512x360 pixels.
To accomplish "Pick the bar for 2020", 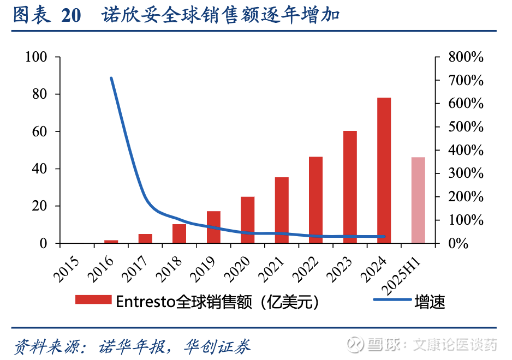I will (x=248, y=219).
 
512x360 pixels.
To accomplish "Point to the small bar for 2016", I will (x=111, y=241).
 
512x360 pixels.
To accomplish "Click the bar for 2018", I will (x=180, y=233).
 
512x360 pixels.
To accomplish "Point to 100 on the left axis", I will (x=36, y=57).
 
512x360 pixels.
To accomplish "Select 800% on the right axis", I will (x=466, y=57).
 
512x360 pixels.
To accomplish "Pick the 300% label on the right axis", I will (x=466, y=174).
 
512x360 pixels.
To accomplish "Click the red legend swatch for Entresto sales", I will (x=93, y=301).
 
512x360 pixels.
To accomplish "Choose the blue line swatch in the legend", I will (x=392, y=301).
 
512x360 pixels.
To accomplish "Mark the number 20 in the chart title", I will (x=71, y=15).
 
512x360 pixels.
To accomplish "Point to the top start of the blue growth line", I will (x=111, y=78).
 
